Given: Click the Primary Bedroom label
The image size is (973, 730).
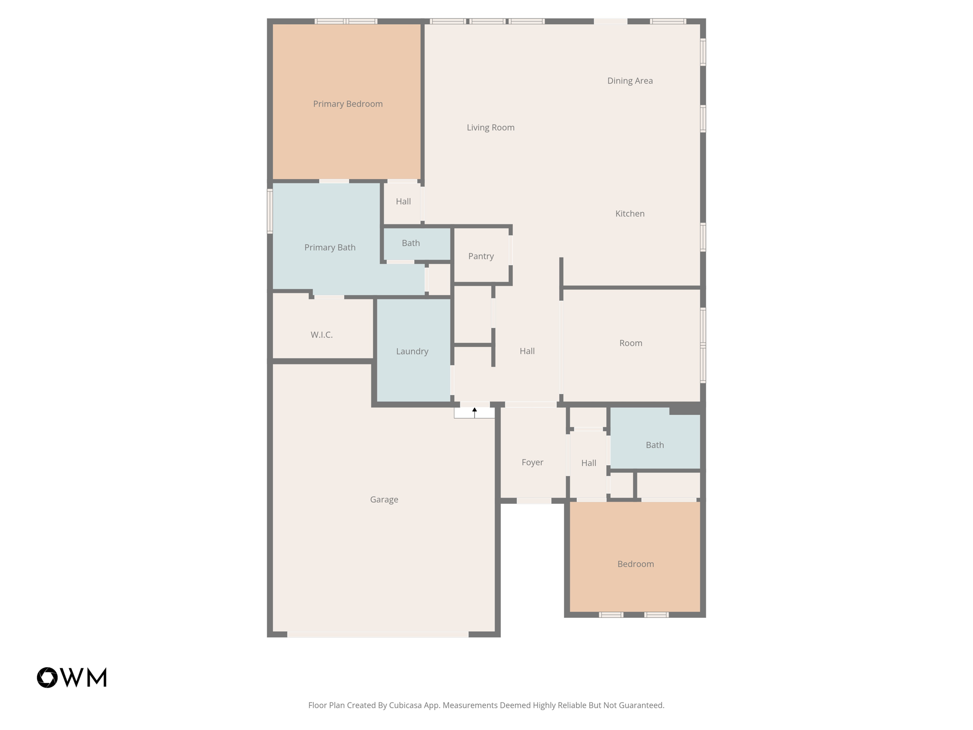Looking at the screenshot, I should coord(348,104).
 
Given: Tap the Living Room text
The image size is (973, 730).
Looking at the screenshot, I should coord(490,127).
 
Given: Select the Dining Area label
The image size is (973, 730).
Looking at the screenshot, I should coord(630,81).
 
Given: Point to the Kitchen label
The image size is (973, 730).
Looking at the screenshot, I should coord(630,214).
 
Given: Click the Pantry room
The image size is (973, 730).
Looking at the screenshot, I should coord(481,256).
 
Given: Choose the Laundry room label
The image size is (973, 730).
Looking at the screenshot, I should coord(412,351).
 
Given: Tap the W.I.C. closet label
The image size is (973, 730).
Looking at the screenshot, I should coord(322,335).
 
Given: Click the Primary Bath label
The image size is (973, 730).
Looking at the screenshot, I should coord(330,247).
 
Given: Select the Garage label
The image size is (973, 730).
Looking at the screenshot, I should coord(384,499).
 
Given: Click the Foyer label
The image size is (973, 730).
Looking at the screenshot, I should coord(532,462).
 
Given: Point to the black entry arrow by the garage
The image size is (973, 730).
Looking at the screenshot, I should coord(474,412).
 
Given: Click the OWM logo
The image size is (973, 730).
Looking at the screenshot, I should coord(72,677).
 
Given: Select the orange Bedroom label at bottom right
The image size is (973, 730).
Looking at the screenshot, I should coord(635,564).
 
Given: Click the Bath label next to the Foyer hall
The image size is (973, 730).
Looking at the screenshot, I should coord(654,445).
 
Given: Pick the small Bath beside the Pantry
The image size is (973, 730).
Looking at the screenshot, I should coord(410,243).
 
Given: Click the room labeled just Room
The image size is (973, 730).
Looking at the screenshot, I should coord(630,343).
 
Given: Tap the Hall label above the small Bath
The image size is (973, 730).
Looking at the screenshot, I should coord(403,202).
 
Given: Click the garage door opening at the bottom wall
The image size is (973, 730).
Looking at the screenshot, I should coord(378,634).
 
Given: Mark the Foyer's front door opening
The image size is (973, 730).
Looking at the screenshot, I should coord(534,501).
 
